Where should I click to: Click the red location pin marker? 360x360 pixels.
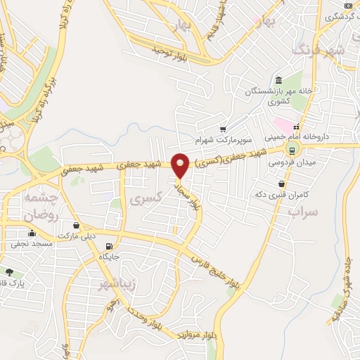[181, 165]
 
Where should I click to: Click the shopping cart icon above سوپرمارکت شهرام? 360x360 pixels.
[223, 129]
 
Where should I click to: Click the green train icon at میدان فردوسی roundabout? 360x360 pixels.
[290, 149]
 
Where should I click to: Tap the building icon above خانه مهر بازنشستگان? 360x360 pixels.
[279, 79]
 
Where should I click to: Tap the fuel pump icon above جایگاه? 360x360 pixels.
[108, 246]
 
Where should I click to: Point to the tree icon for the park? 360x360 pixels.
[9, 271]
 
